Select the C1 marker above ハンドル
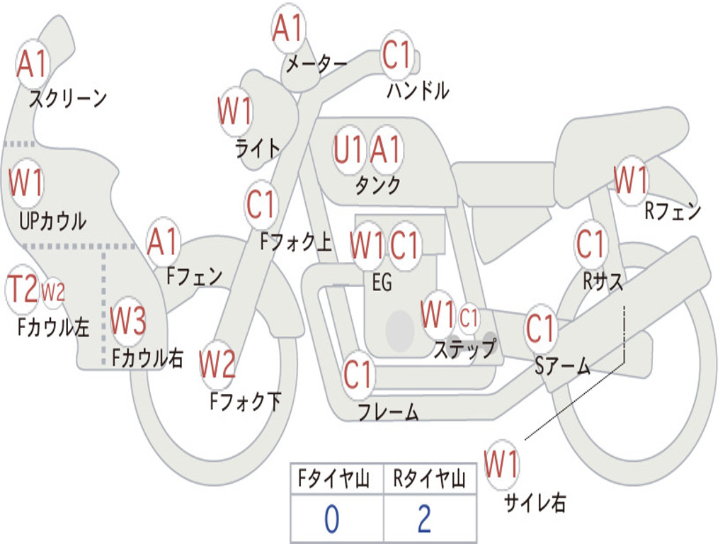(x=396, y=55)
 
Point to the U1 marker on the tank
(x=349, y=150)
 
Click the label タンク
(x=377, y=186)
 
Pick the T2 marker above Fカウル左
(x=22, y=290)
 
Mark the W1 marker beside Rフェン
(x=631, y=180)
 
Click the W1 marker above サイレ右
(x=502, y=465)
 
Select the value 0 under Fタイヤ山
(x=331, y=519)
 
